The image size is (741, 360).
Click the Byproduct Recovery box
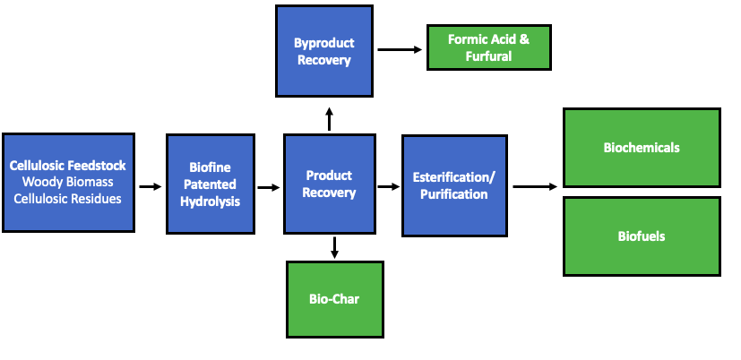[x=323, y=51]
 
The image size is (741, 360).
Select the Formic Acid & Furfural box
[x=488, y=48]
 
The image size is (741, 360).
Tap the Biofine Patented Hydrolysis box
[x=211, y=184]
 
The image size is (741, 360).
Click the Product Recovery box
[x=329, y=184]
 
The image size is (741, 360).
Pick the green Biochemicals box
[x=641, y=148]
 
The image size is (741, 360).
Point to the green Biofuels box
[x=641, y=236]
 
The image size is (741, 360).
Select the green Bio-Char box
[x=334, y=299]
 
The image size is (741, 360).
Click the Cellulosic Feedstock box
[x=68, y=183]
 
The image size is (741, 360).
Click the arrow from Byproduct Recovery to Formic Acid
[x=400, y=49]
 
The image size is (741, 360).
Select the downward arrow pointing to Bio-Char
[x=334, y=247]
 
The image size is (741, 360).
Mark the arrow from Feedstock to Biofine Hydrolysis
[x=150, y=187]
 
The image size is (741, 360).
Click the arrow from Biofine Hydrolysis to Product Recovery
[x=268, y=187]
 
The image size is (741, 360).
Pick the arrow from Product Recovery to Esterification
[x=388, y=187]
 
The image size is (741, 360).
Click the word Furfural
[x=488, y=56]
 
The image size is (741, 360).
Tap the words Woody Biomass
[x=67, y=183]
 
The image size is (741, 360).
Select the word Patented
[x=211, y=184]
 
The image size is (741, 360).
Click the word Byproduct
[x=323, y=43]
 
